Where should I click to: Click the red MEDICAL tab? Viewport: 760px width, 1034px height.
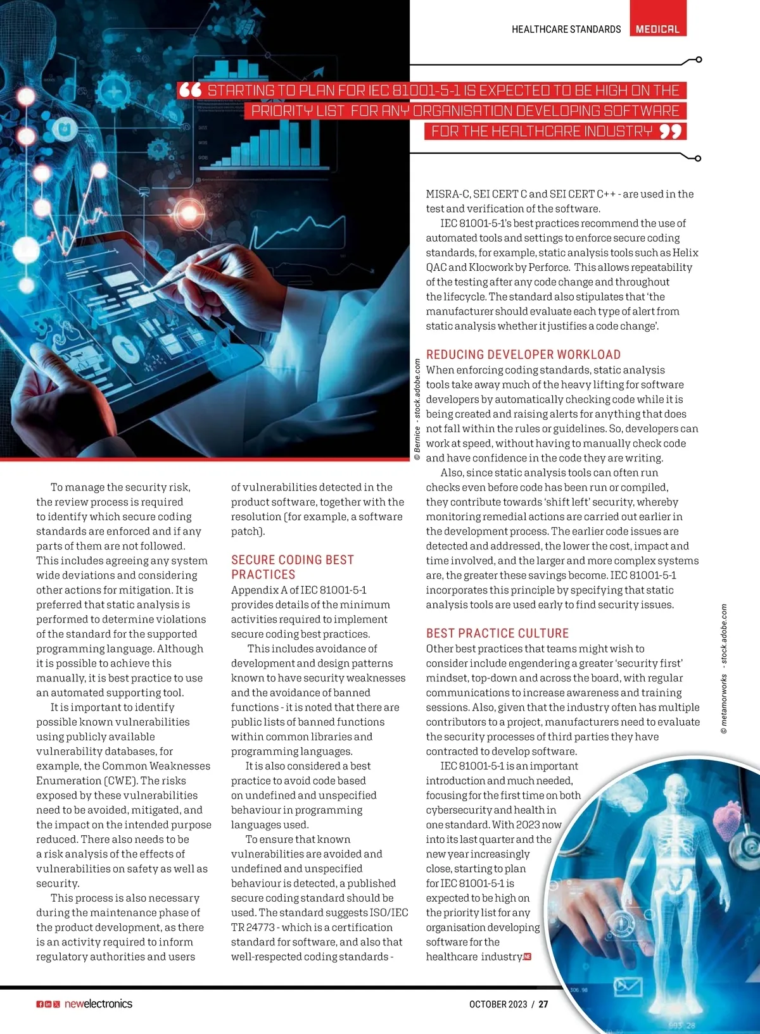(x=657, y=28)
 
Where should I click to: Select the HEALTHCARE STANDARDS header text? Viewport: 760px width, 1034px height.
(x=566, y=29)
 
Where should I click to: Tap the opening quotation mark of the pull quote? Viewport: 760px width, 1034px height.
(x=190, y=90)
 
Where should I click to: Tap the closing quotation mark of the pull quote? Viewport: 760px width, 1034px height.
(x=670, y=132)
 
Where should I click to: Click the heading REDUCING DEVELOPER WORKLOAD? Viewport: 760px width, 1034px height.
(x=523, y=354)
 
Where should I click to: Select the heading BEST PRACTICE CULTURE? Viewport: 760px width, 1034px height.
(x=497, y=633)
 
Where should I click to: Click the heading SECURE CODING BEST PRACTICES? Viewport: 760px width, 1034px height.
(x=292, y=567)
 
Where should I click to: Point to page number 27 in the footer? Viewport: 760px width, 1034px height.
(x=543, y=1004)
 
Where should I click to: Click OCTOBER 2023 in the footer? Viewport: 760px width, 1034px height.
(x=498, y=1004)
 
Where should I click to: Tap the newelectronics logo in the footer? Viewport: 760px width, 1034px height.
(x=98, y=1004)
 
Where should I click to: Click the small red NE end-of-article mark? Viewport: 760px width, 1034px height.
(x=527, y=956)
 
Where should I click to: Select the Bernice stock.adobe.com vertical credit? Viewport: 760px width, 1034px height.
(x=417, y=409)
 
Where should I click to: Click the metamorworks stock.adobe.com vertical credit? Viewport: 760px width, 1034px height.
(x=724, y=669)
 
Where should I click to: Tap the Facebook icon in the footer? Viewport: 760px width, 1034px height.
(x=39, y=1004)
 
